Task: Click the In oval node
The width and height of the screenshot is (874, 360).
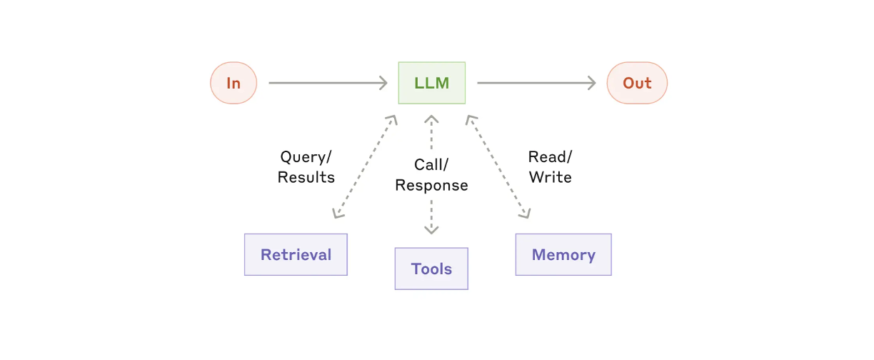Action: [x=233, y=83]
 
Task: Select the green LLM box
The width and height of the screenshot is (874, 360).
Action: [x=431, y=83]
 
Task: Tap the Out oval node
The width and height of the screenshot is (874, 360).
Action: [x=637, y=83]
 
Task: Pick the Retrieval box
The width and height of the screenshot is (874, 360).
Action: [x=296, y=254]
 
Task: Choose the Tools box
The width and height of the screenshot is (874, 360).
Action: [x=431, y=269]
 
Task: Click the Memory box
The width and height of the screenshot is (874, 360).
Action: [x=563, y=254]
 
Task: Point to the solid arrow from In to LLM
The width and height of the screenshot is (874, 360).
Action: [x=328, y=83]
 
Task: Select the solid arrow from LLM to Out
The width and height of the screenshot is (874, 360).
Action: [x=536, y=83]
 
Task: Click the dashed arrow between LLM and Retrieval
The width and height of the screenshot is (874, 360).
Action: [x=365, y=166]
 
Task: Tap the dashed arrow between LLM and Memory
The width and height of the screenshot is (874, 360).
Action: [x=498, y=166]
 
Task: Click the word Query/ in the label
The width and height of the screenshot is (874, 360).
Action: [x=306, y=157]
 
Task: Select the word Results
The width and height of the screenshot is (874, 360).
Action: [x=306, y=177]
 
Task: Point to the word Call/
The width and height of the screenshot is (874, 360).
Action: [x=431, y=165]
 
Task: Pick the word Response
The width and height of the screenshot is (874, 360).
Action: [x=431, y=186]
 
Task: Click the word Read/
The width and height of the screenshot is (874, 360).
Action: [x=550, y=157]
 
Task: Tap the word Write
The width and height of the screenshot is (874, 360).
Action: [x=550, y=177]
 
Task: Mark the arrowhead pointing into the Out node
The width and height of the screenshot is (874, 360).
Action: [x=592, y=83]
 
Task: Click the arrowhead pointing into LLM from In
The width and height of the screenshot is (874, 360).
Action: [x=383, y=83]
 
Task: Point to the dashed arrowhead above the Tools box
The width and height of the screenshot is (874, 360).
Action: [x=431, y=229]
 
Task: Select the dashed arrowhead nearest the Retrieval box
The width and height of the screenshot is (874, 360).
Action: [x=338, y=213]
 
